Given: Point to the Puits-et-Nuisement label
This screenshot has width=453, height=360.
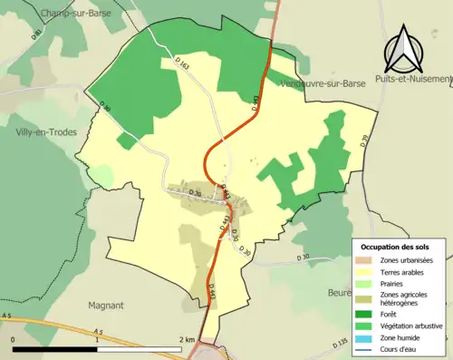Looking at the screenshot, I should click(x=417, y=79).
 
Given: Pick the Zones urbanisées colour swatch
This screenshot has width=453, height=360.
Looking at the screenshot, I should click(x=364, y=260).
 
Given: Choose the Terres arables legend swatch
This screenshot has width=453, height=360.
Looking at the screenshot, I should click(x=364, y=271).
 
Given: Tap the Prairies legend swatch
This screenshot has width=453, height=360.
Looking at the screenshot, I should click(x=364, y=283).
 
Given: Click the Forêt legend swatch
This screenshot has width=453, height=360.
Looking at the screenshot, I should click(x=364, y=315).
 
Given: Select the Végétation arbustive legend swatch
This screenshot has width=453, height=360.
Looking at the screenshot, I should click(x=364, y=326).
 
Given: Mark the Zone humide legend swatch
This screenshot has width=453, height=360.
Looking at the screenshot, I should click(x=364, y=337).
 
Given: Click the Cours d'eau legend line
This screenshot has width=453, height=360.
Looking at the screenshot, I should click(x=364, y=348).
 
